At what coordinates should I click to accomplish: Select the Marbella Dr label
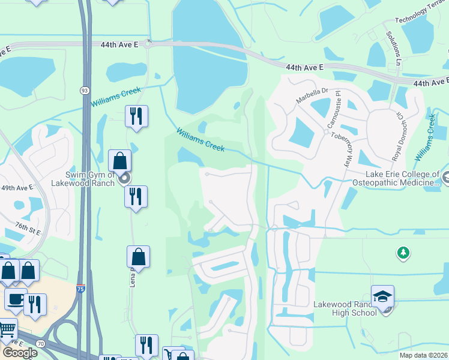tap(313, 96)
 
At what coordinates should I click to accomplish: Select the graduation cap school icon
tap(382, 296)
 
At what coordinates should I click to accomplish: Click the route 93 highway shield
tap(83, 90)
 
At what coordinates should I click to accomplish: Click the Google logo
tap(19, 353)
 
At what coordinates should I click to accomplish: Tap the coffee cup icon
tap(16, 299)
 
